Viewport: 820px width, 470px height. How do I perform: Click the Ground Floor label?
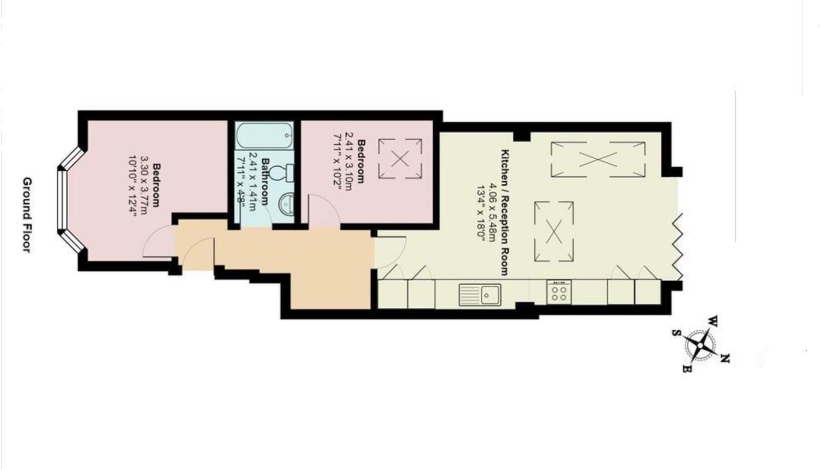(x=27, y=214)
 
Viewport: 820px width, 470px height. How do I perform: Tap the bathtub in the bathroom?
(x=264, y=136)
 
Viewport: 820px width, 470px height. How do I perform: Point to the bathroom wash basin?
(x=287, y=204)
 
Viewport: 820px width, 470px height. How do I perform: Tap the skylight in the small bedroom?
(x=400, y=159)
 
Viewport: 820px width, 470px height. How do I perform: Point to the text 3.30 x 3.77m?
(x=145, y=185)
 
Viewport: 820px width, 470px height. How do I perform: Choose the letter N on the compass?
(x=725, y=358)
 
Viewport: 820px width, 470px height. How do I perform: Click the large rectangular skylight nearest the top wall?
(x=598, y=160)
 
